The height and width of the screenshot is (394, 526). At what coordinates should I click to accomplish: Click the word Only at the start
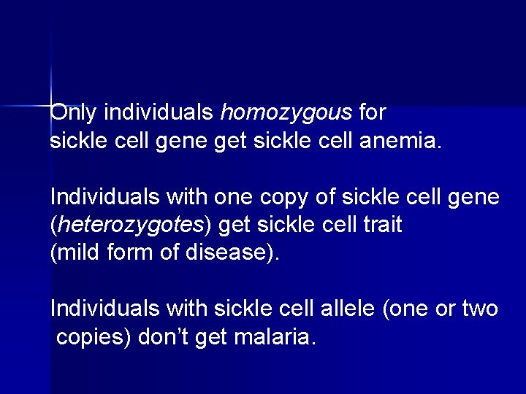point(75,113)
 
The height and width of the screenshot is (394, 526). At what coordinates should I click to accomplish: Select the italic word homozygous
point(286,113)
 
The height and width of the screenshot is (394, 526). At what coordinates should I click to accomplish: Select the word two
point(480,309)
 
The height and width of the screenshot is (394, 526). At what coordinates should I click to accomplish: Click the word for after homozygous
point(373,113)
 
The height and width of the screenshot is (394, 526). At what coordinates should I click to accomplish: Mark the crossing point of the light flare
point(52,106)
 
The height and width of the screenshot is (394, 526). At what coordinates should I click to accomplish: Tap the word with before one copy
point(186,197)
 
